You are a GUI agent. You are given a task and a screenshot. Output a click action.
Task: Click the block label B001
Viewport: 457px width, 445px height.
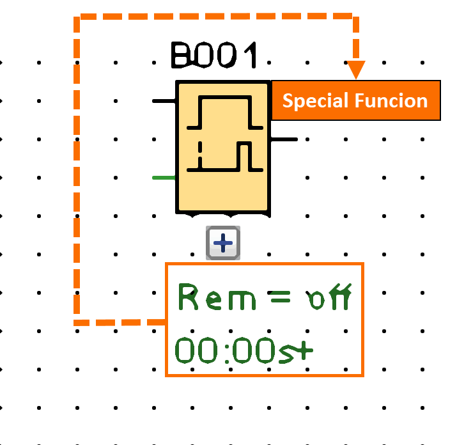[215, 56]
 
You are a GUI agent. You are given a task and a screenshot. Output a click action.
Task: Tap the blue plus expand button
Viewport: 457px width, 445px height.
[223, 243]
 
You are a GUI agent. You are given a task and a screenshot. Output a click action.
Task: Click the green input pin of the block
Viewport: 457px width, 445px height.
[164, 177]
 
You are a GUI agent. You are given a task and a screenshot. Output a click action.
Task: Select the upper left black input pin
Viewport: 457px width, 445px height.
[164, 101]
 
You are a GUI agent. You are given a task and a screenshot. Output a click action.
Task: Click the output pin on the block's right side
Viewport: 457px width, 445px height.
[284, 139]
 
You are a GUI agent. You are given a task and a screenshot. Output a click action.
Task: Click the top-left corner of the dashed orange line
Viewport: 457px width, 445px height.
[77, 19]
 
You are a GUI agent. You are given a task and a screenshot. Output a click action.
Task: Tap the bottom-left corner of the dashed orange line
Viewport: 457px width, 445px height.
[77, 322]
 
